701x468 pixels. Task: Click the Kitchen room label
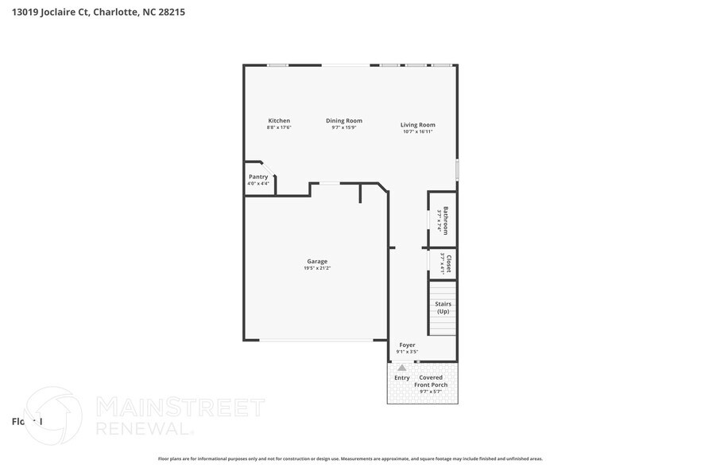click(279, 121)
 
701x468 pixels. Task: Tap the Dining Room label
click(344, 121)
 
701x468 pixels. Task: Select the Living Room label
click(417, 125)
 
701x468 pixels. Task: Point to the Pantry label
click(258, 177)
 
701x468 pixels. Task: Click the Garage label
click(317, 261)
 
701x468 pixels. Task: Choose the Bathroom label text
click(446, 220)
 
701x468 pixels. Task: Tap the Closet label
click(449, 263)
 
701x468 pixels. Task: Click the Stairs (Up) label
click(443, 307)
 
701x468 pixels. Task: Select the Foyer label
click(407, 345)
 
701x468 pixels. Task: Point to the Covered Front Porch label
click(431, 381)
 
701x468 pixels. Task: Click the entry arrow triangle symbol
click(402, 368)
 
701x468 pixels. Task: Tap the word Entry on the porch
click(402, 378)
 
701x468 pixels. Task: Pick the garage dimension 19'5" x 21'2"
click(317, 268)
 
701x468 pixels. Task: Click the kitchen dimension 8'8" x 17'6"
click(279, 127)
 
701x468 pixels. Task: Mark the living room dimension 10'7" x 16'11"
click(417, 131)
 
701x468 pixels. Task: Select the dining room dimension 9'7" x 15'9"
click(344, 127)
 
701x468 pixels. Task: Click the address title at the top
click(99, 13)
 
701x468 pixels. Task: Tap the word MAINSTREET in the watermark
click(180, 408)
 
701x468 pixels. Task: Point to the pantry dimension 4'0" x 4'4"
click(258, 184)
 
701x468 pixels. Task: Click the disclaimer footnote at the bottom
click(350, 458)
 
